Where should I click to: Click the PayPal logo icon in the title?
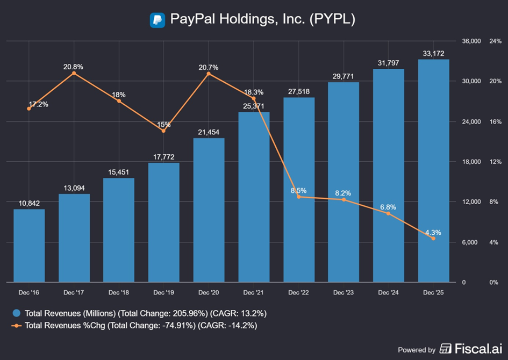point(157,20)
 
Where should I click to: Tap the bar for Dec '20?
point(209,210)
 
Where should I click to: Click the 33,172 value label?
point(434,53)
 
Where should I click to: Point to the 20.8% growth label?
point(73,67)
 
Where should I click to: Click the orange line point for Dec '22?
point(299,197)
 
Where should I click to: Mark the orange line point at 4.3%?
point(434,239)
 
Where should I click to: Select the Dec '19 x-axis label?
point(164,292)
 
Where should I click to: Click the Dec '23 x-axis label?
point(344,292)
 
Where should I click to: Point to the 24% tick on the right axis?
point(480,41)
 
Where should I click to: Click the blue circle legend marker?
point(17,313)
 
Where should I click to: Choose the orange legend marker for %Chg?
point(17,325)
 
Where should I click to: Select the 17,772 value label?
point(164,157)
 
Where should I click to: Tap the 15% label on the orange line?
point(164,124)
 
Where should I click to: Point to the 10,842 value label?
point(29,203)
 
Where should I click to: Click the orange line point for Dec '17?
point(74,73)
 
